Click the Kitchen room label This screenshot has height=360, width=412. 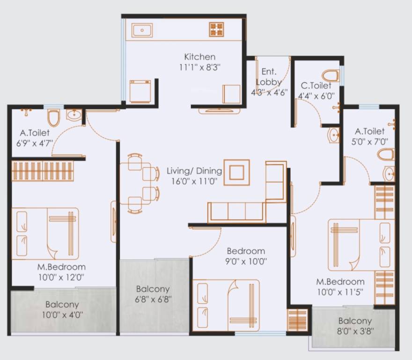(199, 57)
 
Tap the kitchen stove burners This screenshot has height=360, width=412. (216, 30)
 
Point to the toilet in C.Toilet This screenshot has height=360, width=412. (331, 75)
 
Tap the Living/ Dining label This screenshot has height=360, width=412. (194, 171)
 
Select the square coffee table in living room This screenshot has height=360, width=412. (236, 172)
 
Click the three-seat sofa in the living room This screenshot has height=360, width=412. (236, 212)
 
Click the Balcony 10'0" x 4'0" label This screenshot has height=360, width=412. (62, 315)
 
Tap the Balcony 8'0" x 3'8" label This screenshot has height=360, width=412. (354, 331)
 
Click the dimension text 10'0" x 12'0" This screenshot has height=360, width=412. (61, 277)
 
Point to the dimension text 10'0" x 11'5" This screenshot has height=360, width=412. (340, 292)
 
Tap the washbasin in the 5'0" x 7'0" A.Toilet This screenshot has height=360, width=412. (389, 173)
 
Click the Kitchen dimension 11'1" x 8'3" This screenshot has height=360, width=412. (199, 67)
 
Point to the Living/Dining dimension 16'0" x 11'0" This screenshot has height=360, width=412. (194, 181)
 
